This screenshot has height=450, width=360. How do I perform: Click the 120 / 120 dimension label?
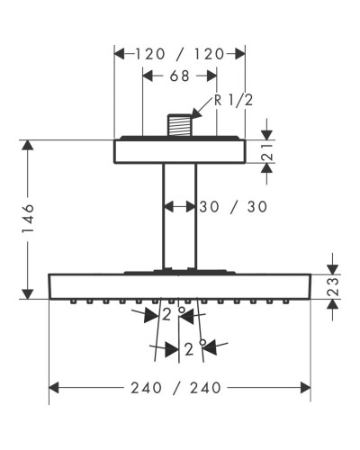(179, 54)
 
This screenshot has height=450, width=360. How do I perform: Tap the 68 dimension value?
(180, 77)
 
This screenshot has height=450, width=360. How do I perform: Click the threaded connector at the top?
(179, 123)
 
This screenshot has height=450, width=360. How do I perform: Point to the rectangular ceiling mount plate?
(179, 150)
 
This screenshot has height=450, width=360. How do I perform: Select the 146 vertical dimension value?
(29, 219)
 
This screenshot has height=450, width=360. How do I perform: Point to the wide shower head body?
(179, 285)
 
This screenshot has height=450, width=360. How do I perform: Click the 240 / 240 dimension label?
(179, 388)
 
